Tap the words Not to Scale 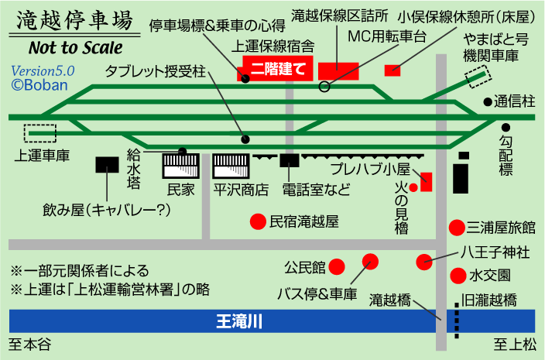click(74, 46)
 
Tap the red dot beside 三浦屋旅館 click(457, 228)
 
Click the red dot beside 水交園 click(458, 275)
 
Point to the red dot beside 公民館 click(337, 267)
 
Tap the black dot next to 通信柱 click(487, 101)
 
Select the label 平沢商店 click(241, 188)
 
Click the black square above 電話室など click(290, 162)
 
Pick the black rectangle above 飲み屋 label click(107, 164)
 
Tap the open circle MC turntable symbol click(324, 86)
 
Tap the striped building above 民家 click(181, 165)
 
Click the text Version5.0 click(43, 70)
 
